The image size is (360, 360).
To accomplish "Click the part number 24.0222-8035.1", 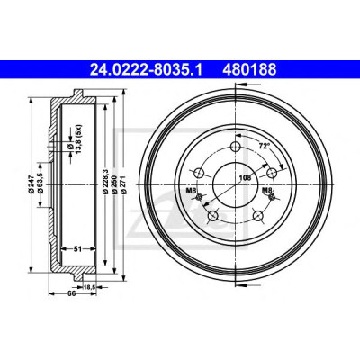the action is (x=146, y=70).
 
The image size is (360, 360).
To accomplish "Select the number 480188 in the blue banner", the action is (x=249, y=70).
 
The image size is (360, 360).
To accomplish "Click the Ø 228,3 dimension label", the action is (x=105, y=180).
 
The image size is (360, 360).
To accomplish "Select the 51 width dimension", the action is (x=78, y=248).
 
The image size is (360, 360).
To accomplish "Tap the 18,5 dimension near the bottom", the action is (x=89, y=287).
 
